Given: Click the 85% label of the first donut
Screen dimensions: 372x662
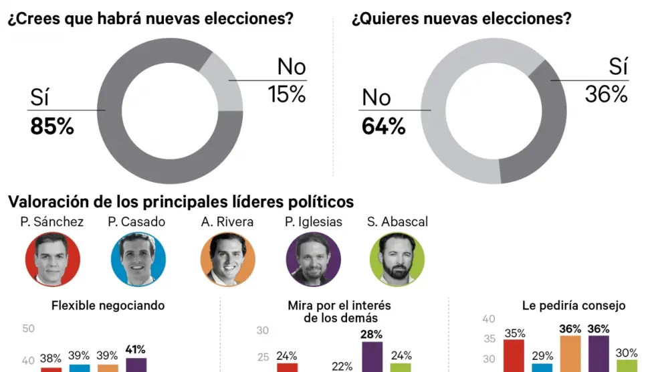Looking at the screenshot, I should point(52,127).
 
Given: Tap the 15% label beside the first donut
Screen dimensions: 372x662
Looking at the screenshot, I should point(288,95).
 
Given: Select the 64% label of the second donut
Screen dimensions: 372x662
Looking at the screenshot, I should point(384,126).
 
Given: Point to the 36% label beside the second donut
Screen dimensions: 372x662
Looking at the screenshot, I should point(606,95).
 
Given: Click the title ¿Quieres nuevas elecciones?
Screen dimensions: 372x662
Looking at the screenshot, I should point(461,19).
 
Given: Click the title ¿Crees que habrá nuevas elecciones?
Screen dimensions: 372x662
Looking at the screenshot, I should point(151,19).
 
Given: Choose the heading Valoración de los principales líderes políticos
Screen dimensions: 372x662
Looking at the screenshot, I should point(181,201).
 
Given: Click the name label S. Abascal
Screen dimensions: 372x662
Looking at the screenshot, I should point(397,221).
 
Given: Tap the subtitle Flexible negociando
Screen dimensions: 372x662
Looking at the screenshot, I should point(108,306).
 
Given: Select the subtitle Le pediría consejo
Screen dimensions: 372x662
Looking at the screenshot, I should point(574,306).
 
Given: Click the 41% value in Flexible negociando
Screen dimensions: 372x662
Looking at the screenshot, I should point(136,349).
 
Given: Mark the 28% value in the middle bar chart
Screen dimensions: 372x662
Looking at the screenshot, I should point(372,334).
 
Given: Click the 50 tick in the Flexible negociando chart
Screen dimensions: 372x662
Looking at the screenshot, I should point(29,329).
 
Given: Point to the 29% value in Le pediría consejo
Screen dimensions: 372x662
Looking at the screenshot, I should point(542,355).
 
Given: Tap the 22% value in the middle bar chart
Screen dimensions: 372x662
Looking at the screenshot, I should point(342,366).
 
